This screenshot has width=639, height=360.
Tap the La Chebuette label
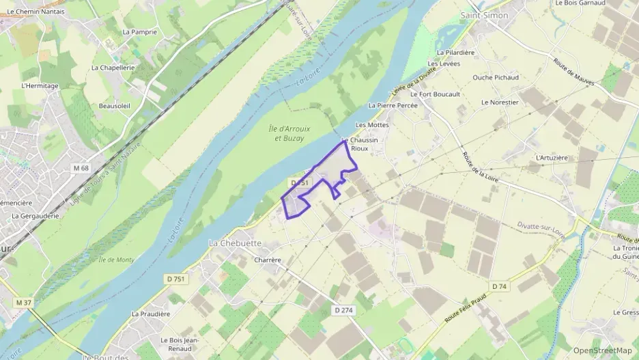coord(235,244)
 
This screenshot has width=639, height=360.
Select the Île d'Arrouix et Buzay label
coord(288,133)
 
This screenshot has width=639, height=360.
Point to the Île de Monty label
coord(116,260)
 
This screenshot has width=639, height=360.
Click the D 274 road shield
coord(343,310)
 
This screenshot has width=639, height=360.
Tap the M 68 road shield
coord(81,168)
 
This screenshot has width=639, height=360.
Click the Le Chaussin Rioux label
coord(359,144)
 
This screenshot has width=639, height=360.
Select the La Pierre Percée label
coord(393,106)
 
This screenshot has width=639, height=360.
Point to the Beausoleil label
coord(115,106)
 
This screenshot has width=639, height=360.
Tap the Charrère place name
coord(267,260)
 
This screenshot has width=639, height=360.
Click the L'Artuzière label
coord(552,158)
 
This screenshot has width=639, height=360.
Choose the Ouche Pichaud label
coord(496,78)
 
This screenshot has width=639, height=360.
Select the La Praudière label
coord(150,314)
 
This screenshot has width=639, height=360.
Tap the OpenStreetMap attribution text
coord(603,350)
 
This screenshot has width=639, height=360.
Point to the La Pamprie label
coord(140,32)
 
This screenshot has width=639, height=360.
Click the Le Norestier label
coord(500,102)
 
